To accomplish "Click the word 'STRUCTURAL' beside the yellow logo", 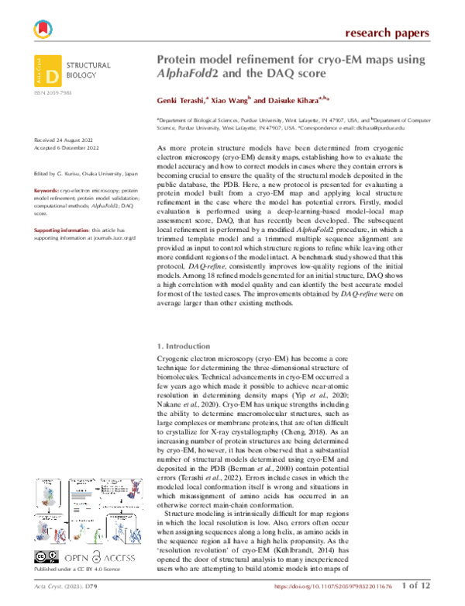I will [90, 66].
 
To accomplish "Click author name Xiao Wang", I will [232, 101].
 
